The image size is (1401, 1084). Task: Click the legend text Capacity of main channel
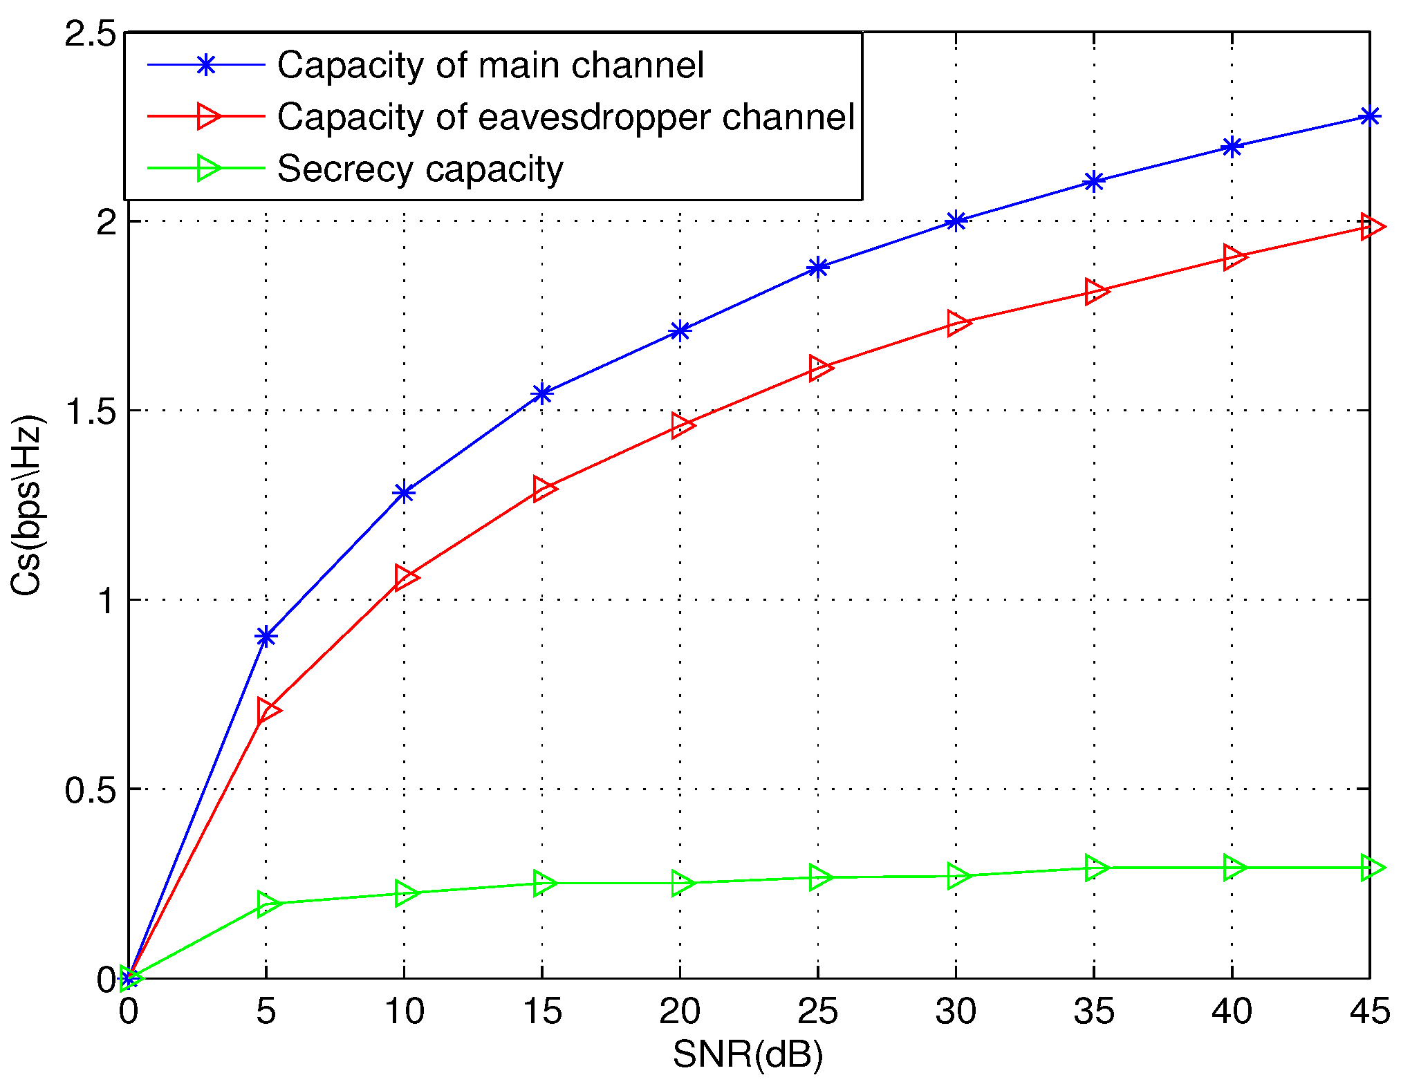pos(490,66)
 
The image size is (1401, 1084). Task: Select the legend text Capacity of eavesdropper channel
pos(566,117)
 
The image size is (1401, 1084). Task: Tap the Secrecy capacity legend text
pos(420,169)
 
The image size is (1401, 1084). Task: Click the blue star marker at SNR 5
pos(266,637)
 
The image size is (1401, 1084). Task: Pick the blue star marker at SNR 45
pos(1369,116)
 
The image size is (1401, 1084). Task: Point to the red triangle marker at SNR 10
pos(405,577)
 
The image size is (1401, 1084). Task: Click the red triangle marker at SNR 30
pos(957,323)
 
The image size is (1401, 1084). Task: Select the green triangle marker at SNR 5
pos(267,903)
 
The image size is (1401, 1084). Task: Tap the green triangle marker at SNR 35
pos(1095,867)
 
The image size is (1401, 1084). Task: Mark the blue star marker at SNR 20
pos(680,331)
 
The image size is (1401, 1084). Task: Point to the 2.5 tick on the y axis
pos(90,33)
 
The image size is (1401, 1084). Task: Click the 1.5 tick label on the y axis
pos(90,411)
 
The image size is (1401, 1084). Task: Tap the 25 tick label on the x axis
pos(817,1011)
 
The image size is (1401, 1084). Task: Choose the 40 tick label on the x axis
pos(1232,1011)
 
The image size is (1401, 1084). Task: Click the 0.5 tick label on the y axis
pos(90,789)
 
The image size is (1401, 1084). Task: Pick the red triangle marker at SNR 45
pos(1371,226)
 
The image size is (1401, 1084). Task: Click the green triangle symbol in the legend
pos(207,168)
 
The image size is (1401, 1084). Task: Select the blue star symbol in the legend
pos(205,65)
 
